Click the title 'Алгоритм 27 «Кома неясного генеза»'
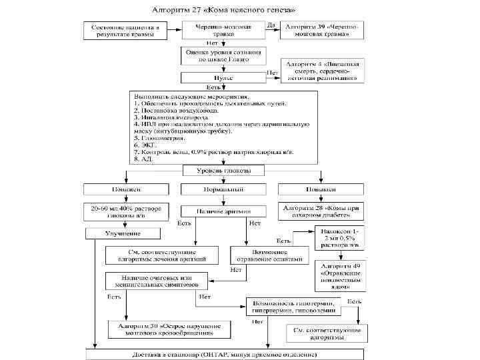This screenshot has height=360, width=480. tap(225, 11)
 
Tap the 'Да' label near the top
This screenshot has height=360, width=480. tap(270, 25)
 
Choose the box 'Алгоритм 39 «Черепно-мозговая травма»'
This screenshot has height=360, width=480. tap(323, 30)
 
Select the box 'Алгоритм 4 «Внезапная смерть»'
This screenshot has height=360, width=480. tap(323, 71)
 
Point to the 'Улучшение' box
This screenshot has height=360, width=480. tap(123, 233)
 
